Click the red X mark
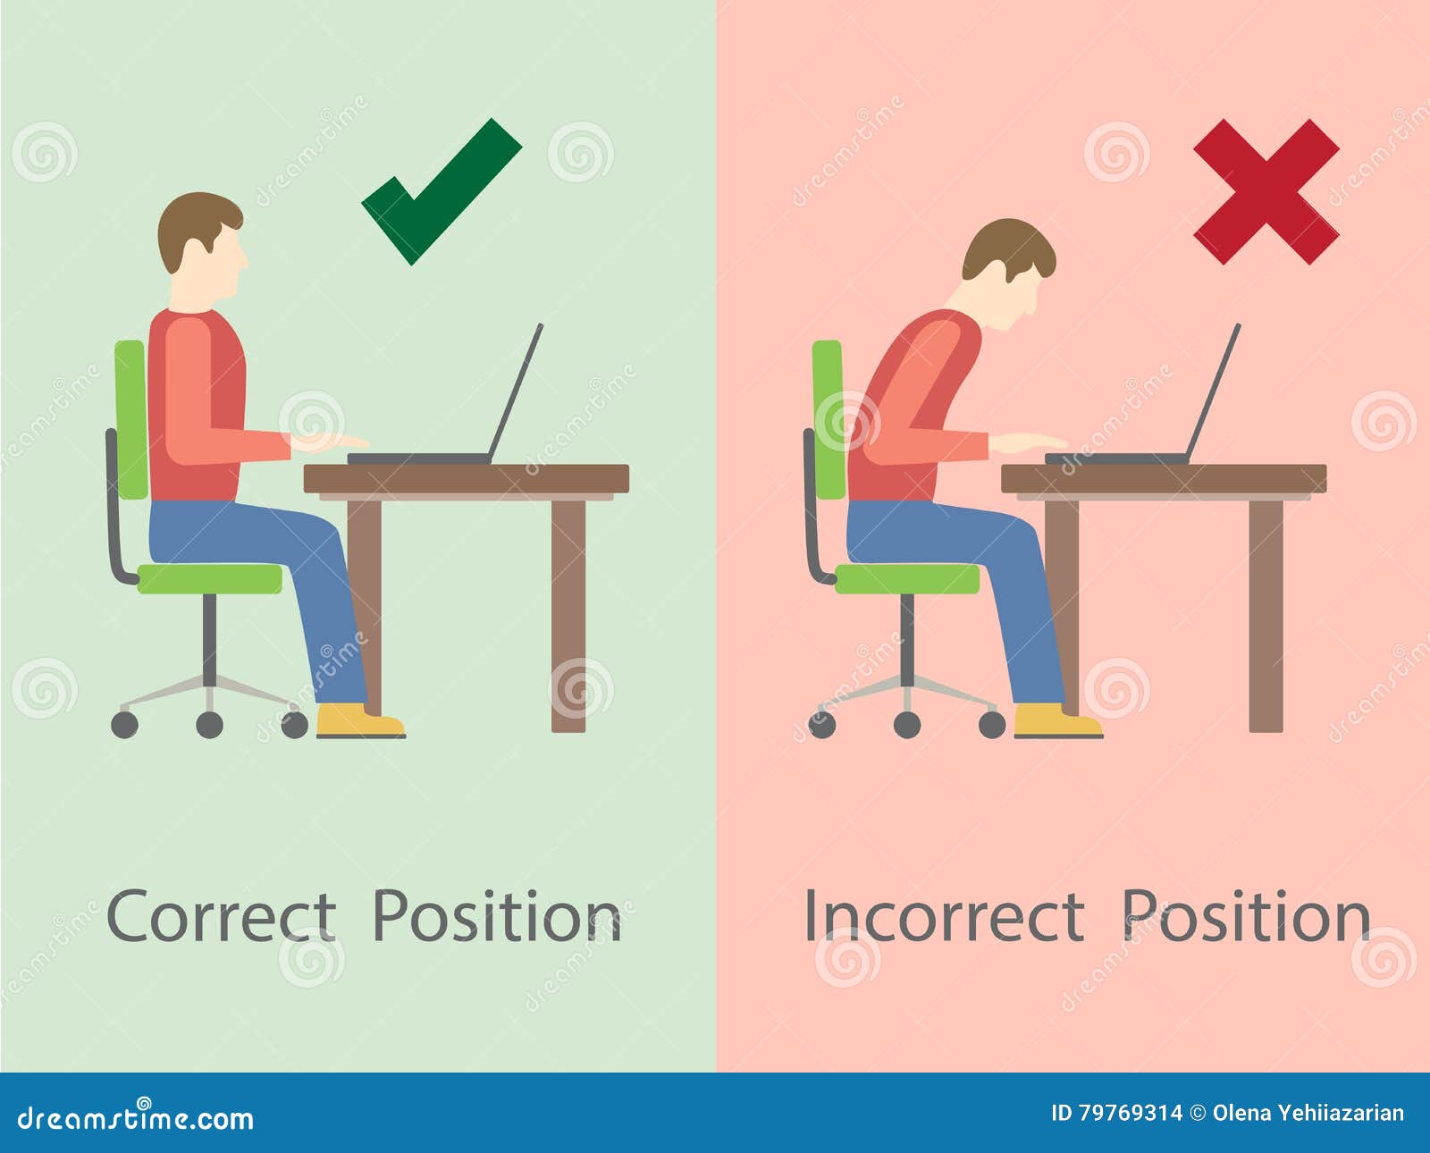(x=1266, y=192)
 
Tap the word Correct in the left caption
(x=222, y=918)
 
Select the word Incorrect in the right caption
(x=945, y=918)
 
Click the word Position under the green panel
(x=498, y=918)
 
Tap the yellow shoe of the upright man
(x=360, y=720)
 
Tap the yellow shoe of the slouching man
(x=1058, y=720)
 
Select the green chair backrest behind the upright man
(x=130, y=420)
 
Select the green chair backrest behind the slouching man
(x=828, y=420)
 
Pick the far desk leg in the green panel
(x=568, y=617)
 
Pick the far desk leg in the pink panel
(x=1266, y=617)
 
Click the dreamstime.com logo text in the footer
(x=135, y=1119)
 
